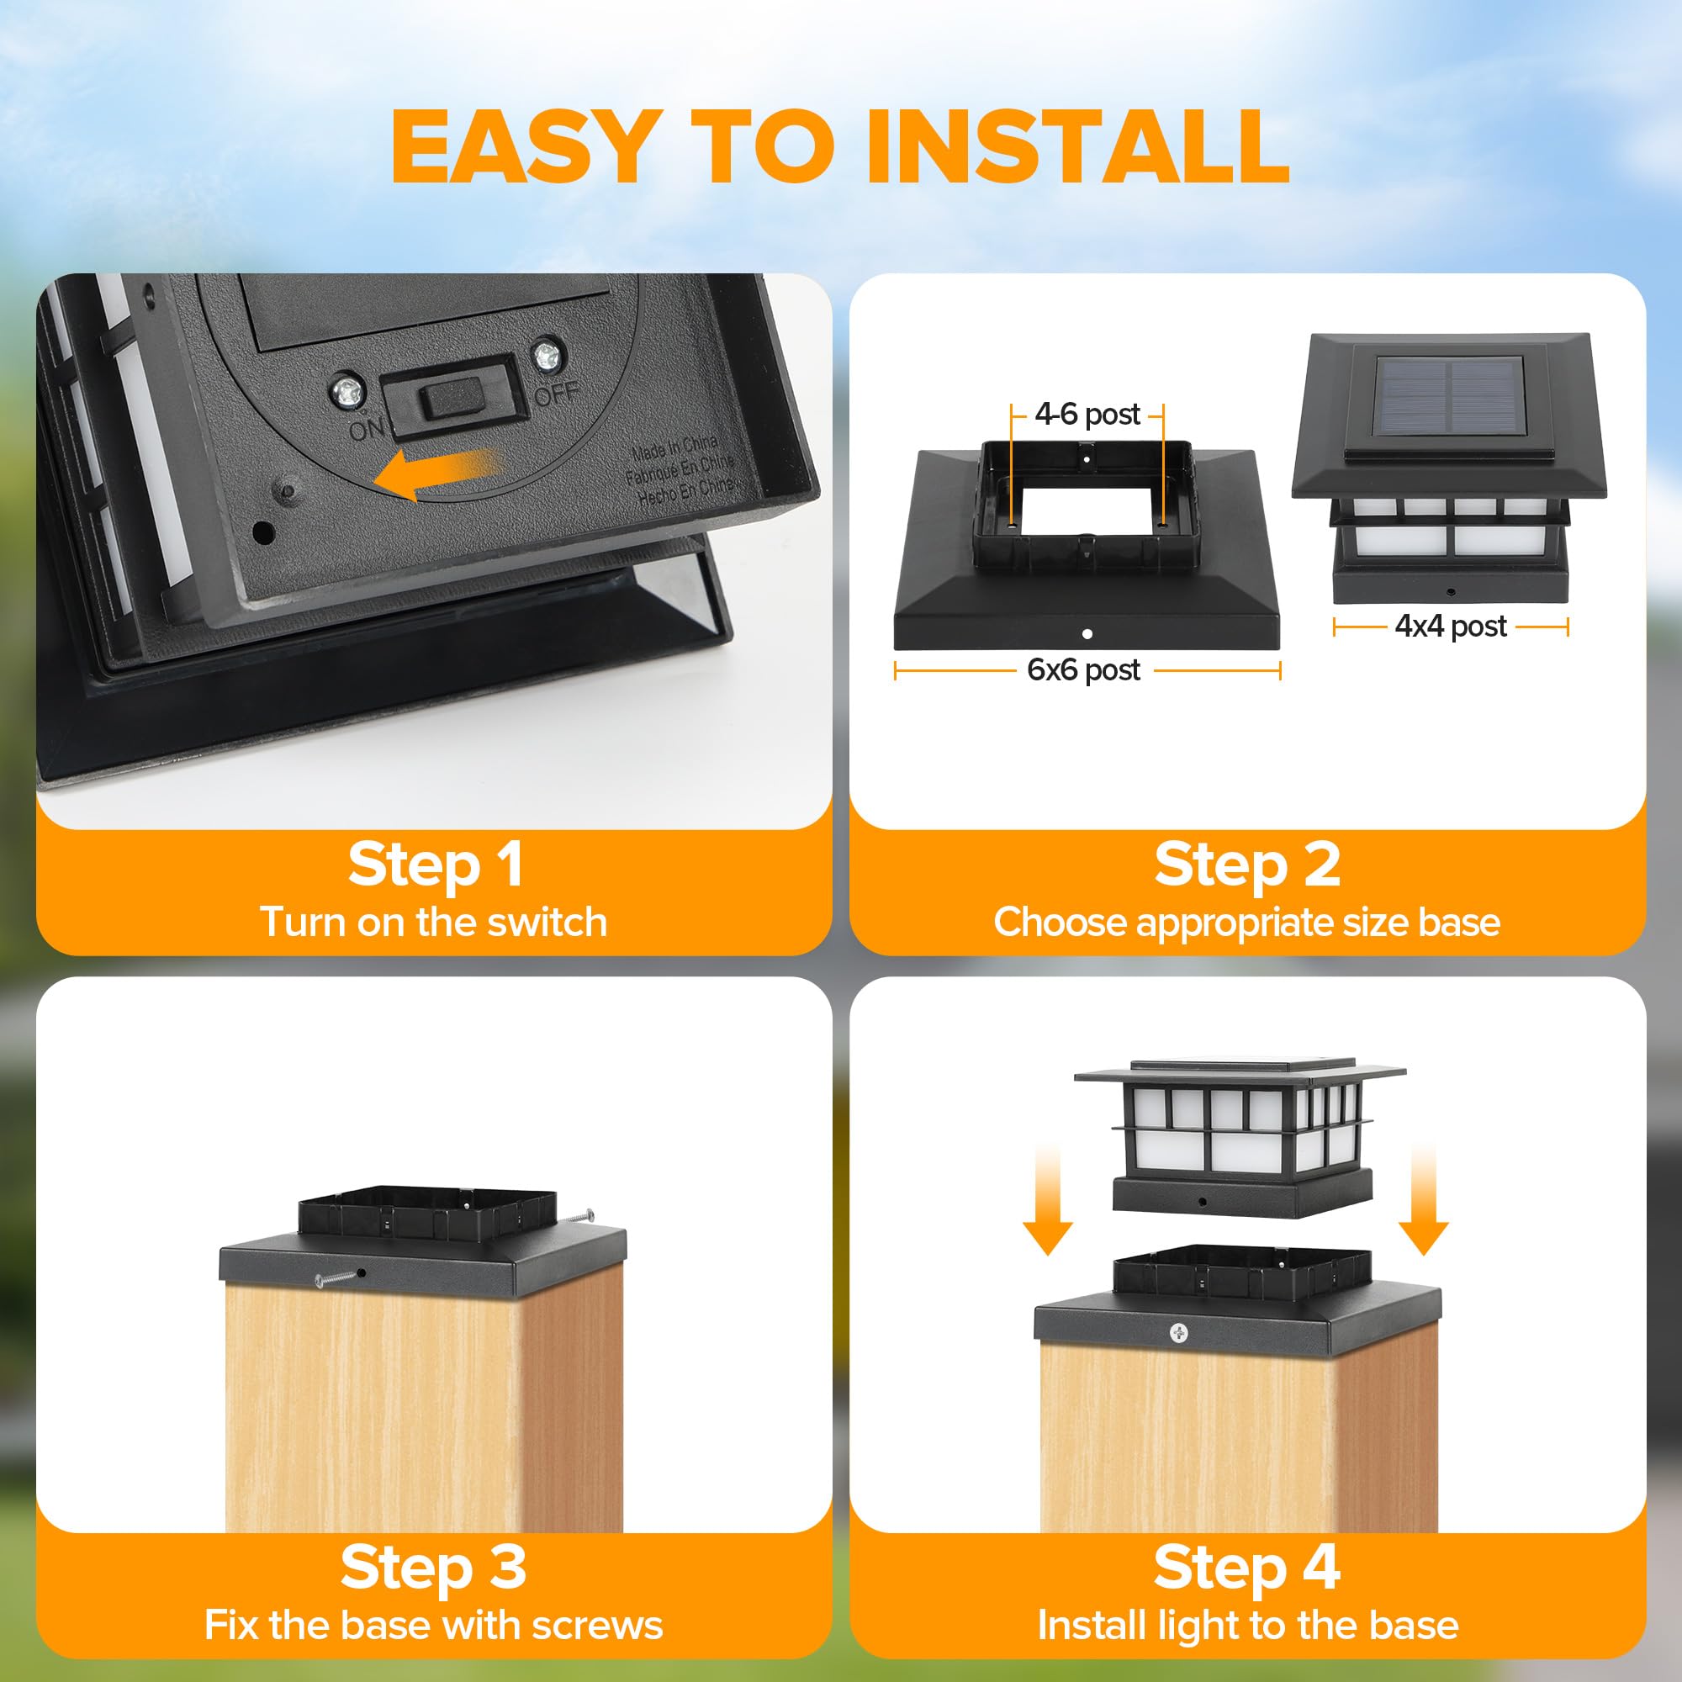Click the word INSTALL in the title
[x=1077, y=145]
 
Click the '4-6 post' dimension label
[x=1087, y=415]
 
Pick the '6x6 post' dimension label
[x=1083, y=669]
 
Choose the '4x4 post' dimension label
[x=1451, y=626]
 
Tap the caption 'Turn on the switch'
[x=434, y=922]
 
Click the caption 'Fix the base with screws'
[x=434, y=1626]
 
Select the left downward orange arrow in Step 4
[x=1047, y=1203]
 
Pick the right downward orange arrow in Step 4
[x=1424, y=1203]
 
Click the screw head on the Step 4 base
[x=1178, y=1333]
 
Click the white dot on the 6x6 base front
[x=1087, y=634]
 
